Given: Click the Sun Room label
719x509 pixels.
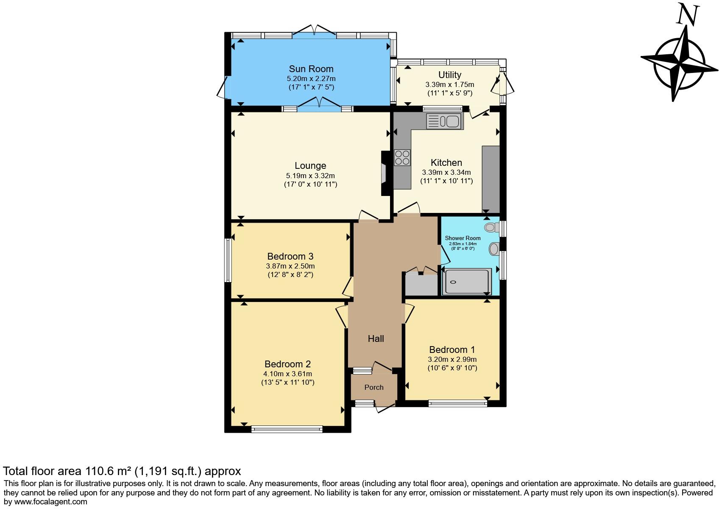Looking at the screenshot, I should pyautogui.click(x=311, y=69).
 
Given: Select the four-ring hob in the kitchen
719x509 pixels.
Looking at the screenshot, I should pyautogui.click(x=402, y=158).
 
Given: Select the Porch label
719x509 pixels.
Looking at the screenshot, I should pyautogui.click(x=373, y=387).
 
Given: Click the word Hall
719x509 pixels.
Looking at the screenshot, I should pyautogui.click(x=376, y=338).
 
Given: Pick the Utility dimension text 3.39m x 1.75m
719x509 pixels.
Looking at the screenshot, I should pyautogui.click(x=449, y=84).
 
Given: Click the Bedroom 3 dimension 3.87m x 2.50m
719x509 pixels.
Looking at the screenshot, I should pyautogui.click(x=290, y=266).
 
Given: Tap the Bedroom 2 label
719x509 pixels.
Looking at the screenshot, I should pyautogui.click(x=287, y=364).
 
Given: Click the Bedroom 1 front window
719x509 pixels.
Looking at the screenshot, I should pyautogui.click(x=457, y=403).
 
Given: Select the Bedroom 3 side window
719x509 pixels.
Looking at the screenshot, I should pyautogui.click(x=228, y=260).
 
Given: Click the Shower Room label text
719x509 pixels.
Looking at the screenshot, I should pyautogui.click(x=463, y=238).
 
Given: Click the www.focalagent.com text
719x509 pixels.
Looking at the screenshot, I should pyautogui.click(x=49, y=502).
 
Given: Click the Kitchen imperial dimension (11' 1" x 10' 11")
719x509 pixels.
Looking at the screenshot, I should pyautogui.click(x=446, y=181).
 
